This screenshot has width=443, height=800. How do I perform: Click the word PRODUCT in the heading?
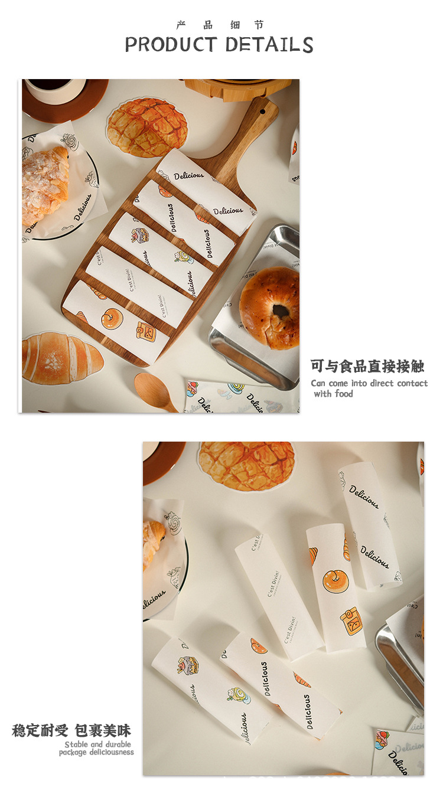171,44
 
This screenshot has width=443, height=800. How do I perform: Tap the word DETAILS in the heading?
269,44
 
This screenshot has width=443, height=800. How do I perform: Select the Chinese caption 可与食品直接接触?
367,366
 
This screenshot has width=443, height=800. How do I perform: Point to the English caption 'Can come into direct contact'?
369,383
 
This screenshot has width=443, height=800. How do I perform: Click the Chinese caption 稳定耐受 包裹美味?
71,730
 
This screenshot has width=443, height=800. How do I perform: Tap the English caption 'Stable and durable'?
98,745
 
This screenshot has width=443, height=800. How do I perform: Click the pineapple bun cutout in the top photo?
147,127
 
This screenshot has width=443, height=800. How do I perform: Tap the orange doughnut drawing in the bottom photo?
334,580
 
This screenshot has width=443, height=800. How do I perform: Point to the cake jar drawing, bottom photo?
188,665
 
